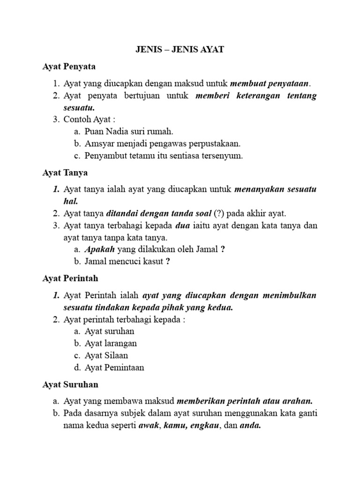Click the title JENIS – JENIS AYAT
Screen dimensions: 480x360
(180, 50)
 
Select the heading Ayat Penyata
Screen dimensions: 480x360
(69, 67)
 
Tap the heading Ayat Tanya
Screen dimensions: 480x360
(65, 173)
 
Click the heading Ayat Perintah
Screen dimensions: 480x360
(70, 278)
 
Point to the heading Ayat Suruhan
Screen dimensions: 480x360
(70, 384)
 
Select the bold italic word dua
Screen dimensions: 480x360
(182, 226)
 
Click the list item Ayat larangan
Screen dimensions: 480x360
(111, 344)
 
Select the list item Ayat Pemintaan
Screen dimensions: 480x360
(114, 368)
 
